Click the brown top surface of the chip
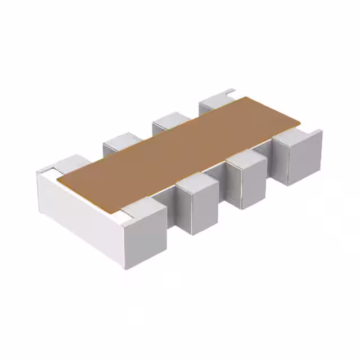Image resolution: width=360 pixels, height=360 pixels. [180, 152]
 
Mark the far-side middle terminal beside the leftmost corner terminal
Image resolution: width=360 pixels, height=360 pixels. [121, 143]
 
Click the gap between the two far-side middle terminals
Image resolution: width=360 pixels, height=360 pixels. [147, 135]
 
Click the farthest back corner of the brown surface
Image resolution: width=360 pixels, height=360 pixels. [245, 97]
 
